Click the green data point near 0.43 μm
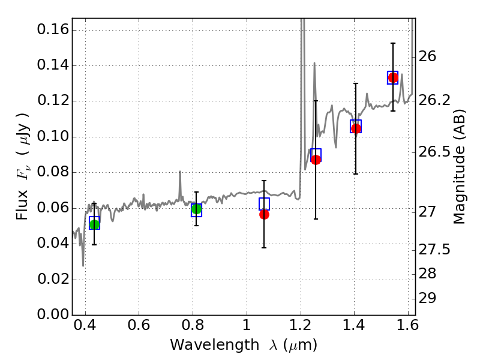[94, 224]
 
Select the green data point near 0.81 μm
[196, 209]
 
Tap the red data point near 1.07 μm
[264, 214]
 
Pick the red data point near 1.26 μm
[316, 160]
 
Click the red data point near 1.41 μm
[356, 128]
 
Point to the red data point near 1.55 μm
[393, 78]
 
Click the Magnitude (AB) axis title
[460, 167]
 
